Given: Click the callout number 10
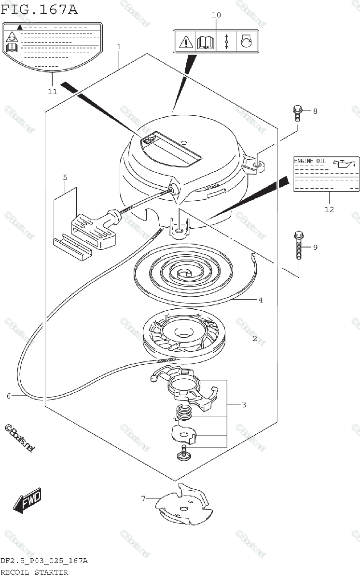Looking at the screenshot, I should pos(216,15).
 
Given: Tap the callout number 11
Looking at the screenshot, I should pos(52,91).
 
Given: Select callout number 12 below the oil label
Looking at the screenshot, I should pos(329,209).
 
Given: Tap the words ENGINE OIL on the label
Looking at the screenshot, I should pos(310,161).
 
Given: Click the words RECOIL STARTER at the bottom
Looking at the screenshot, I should pos(34,572).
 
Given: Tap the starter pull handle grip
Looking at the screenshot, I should pos(94,228).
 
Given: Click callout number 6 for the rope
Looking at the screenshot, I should pos(8,396).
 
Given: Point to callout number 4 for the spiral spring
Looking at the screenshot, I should pos(260,300).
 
